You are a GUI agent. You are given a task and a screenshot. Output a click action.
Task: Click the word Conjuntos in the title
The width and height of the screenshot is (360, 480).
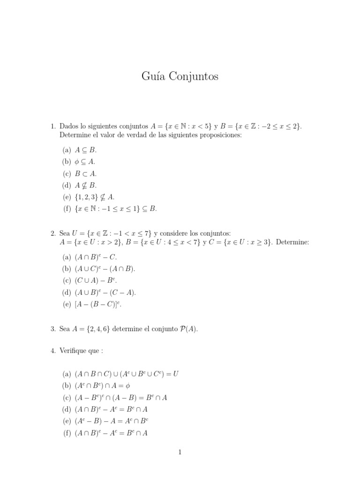click(193, 76)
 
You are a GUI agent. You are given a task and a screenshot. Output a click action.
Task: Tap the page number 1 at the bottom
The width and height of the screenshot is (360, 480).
click(180, 452)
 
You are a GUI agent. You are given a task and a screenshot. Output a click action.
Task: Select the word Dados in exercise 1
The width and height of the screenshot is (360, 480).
click(70, 126)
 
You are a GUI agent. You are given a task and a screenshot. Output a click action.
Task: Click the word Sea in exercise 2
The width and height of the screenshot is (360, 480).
click(65, 233)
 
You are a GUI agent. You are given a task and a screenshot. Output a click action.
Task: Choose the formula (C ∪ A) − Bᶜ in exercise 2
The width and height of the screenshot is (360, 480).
click(96, 280)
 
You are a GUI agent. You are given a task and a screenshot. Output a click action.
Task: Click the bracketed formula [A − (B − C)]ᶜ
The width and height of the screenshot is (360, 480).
click(98, 304)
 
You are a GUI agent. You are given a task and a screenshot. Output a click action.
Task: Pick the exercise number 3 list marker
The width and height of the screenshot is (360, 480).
click(53, 329)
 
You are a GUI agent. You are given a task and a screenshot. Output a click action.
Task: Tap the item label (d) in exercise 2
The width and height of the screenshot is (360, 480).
click(66, 292)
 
